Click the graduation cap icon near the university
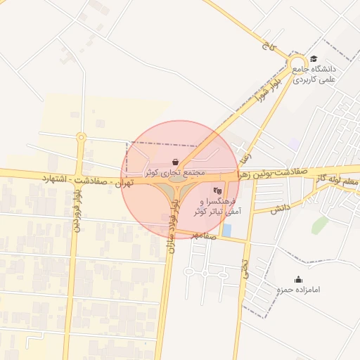314,59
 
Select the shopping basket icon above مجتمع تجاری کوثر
175,161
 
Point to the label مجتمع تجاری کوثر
175,172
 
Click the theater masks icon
217,190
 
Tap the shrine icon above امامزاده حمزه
298,279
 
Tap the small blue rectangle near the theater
226,230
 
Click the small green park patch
320,224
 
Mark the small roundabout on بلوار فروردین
81,137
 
